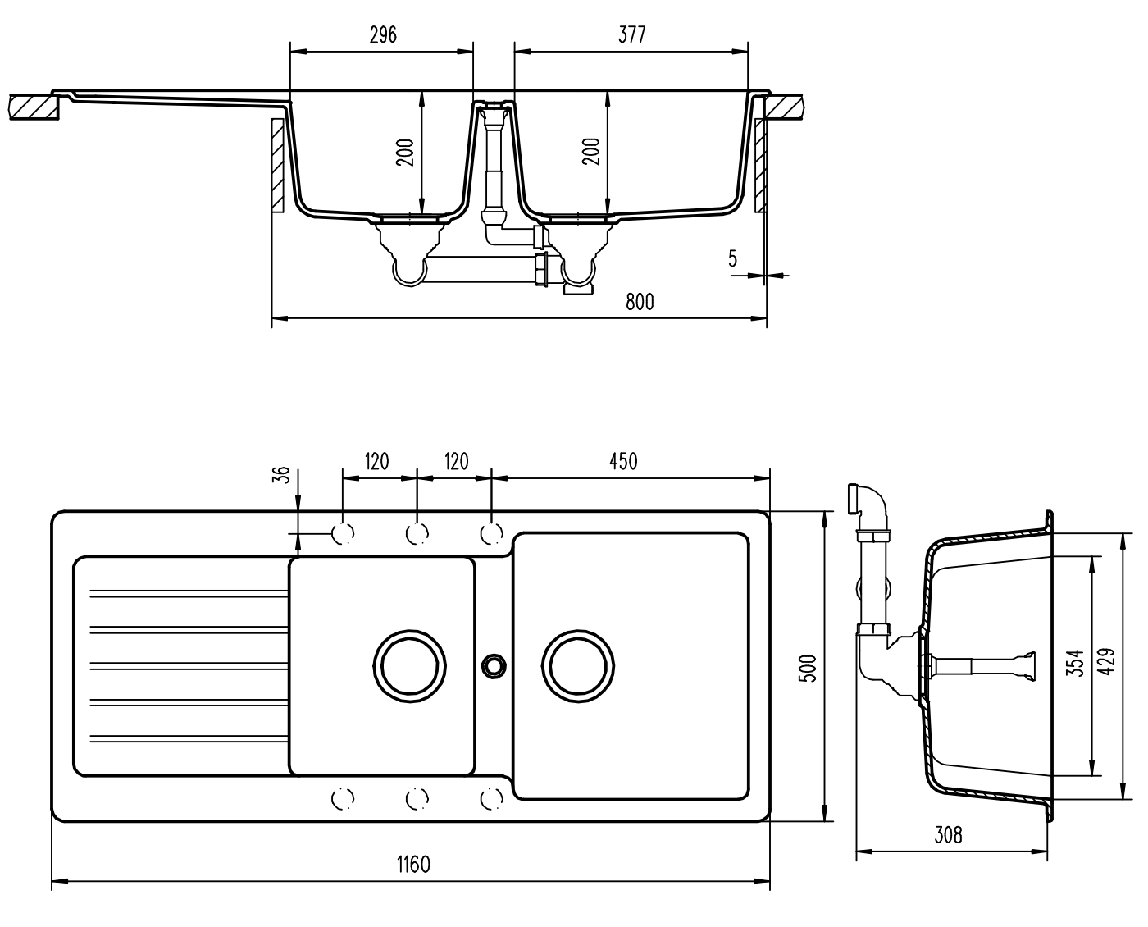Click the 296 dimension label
(383, 35)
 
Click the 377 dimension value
(631, 34)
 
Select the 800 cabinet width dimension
(640, 301)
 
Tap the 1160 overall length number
(413, 865)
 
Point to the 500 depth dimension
(808, 668)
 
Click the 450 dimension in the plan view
(623, 461)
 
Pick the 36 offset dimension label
(282, 474)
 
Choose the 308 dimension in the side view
(948, 835)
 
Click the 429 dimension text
(1106, 661)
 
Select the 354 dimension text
(1075, 664)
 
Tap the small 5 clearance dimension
(732, 259)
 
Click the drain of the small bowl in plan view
(410, 666)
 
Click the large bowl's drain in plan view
(578, 666)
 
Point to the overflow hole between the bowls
(493, 665)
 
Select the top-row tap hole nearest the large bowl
(491, 533)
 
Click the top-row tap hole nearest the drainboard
(343, 533)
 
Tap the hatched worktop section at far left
(34, 107)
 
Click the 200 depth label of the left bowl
(405, 152)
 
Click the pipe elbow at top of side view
(869, 501)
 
